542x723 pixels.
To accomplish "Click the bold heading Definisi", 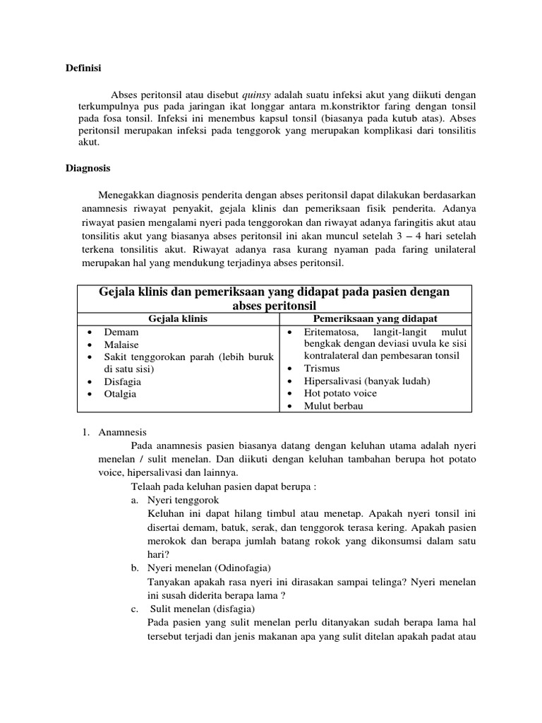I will (83, 68).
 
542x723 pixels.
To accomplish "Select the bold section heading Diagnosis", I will (88, 169).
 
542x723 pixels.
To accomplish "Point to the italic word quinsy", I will (257, 94).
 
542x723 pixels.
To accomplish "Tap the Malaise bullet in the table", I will (121, 345).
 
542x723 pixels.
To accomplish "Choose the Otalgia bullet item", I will (120, 394).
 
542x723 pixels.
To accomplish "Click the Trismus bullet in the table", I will (321, 369).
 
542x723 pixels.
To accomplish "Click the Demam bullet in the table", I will (121, 332).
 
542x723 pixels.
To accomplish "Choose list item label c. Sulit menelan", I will (195, 609).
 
